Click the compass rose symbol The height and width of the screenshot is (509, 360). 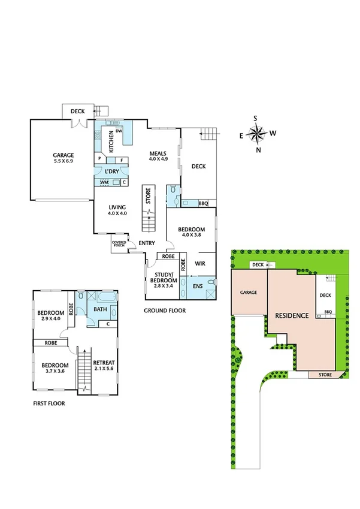tap(258, 134)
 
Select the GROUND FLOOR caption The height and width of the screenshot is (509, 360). tap(165, 311)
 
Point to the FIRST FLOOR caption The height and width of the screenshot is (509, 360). tap(49, 403)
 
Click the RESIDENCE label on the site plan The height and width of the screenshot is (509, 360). tap(292, 315)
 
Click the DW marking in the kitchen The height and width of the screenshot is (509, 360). tap(119, 131)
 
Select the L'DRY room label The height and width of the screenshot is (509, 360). tap(112, 171)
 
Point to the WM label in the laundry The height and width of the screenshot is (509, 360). tap(104, 182)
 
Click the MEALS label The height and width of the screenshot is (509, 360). tap(158, 154)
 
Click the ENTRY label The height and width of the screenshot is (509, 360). tap(147, 243)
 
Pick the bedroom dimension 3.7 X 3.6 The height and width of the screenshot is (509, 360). tap(55, 372)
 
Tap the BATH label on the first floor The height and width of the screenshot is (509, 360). tap(99, 310)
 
